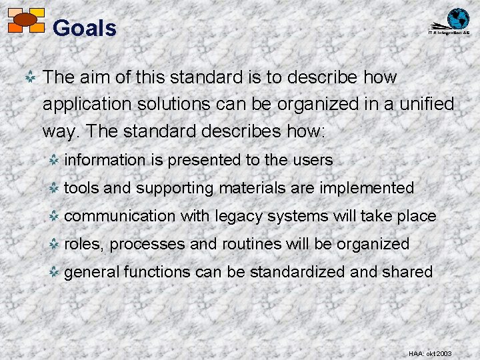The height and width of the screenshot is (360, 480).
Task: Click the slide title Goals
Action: pyautogui.click(x=84, y=28)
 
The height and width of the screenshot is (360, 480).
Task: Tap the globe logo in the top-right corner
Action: pyautogui.click(x=457, y=19)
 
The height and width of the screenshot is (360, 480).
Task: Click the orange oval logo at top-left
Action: pyautogui.click(x=25, y=20)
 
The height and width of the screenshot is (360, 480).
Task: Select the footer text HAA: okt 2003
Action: pyautogui.click(x=429, y=353)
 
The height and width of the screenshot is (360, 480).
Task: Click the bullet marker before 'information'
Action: pyautogui.click(x=55, y=160)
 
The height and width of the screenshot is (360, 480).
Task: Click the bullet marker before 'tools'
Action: pyautogui.click(x=55, y=188)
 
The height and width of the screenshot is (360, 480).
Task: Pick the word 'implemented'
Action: pyautogui.click(x=367, y=188)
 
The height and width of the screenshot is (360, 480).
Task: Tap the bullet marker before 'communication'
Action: pyautogui.click(x=55, y=216)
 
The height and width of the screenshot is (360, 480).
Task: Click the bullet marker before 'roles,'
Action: pyautogui.click(x=55, y=244)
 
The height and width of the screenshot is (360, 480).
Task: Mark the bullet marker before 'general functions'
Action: pyautogui.click(x=55, y=272)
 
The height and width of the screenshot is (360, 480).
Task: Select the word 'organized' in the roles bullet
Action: pyautogui.click(x=373, y=244)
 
